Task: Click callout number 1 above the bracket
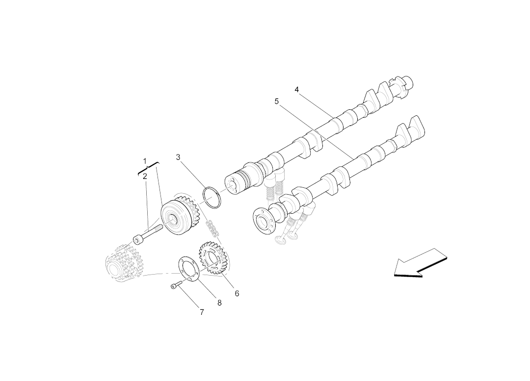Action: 145,161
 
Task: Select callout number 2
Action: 145,176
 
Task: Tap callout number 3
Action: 178,157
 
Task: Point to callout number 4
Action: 297,90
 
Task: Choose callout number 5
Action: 277,102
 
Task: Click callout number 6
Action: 237,294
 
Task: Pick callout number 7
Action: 202,312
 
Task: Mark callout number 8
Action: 219,303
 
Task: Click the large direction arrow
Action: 421,263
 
